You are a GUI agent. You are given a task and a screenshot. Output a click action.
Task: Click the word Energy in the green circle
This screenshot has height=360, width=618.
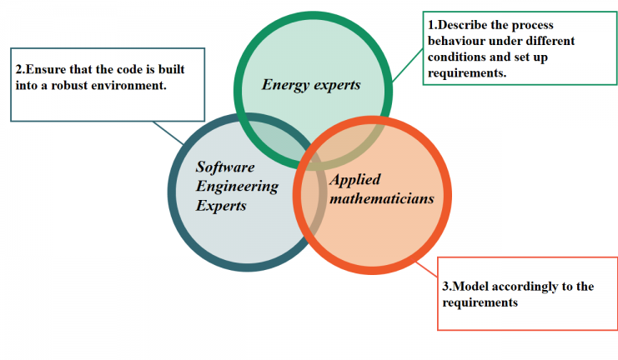coord(285,86)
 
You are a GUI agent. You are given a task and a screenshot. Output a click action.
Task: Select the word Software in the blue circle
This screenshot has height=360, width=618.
coord(225,167)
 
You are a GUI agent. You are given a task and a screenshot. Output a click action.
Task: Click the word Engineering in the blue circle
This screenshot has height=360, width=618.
coord(237,187)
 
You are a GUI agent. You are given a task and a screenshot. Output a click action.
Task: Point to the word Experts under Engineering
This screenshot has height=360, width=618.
coord(221,206)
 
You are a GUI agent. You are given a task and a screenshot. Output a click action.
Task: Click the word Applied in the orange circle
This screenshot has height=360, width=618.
coord(355,180)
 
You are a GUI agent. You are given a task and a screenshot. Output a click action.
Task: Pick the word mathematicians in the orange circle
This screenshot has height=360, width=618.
coord(382,198)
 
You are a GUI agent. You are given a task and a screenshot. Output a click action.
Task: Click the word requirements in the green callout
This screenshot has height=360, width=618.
coord(467,73)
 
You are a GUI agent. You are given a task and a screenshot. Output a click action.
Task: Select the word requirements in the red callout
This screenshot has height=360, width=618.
coord(480,302)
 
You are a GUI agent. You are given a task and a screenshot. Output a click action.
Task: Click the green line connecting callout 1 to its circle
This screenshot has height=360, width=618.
coord(408,66)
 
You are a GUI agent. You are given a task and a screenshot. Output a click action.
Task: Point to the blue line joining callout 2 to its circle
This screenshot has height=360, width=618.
coord(168,133)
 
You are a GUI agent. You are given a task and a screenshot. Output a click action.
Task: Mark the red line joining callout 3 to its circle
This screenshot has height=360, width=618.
coord(427,269)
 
